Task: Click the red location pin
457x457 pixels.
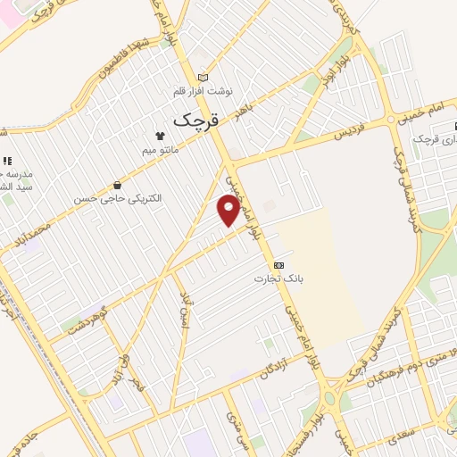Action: pos(229,211)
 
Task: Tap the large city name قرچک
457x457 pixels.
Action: pos(195,119)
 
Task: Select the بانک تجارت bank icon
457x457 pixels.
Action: pos(279,265)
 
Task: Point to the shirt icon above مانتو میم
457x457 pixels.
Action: pos(161,137)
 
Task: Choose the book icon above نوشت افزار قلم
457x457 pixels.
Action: pos(203,78)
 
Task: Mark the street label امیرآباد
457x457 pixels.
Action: pos(185,309)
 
